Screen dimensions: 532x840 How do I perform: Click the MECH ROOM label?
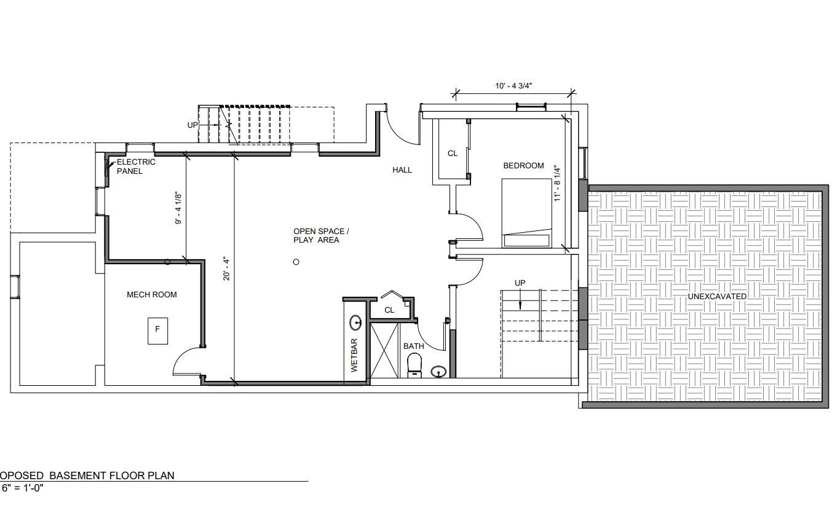pyautogui.click(x=151, y=295)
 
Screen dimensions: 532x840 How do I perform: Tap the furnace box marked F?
pyautogui.click(x=157, y=330)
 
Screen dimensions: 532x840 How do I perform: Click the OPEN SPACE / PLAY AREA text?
pyautogui.click(x=320, y=236)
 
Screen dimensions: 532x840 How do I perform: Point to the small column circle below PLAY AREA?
pyautogui.click(x=296, y=262)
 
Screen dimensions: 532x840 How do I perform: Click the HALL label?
pyautogui.click(x=402, y=170)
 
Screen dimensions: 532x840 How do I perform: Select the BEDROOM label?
pyautogui.click(x=523, y=166)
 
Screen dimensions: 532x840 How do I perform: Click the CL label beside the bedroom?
pyautogui.click(x=453, y=154)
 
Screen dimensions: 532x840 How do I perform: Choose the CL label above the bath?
pyautogui.click(x=389, y=310)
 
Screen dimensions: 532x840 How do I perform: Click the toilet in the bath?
pyautogui.click(x=415, y=364)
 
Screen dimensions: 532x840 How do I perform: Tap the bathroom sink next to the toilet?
pyautogui.click(x=439, y=371)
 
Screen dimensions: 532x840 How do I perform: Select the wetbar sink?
pyautogui.click(x=355, y=322)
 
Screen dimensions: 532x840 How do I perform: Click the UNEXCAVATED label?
pyautogui.click(x=717, y=297)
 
